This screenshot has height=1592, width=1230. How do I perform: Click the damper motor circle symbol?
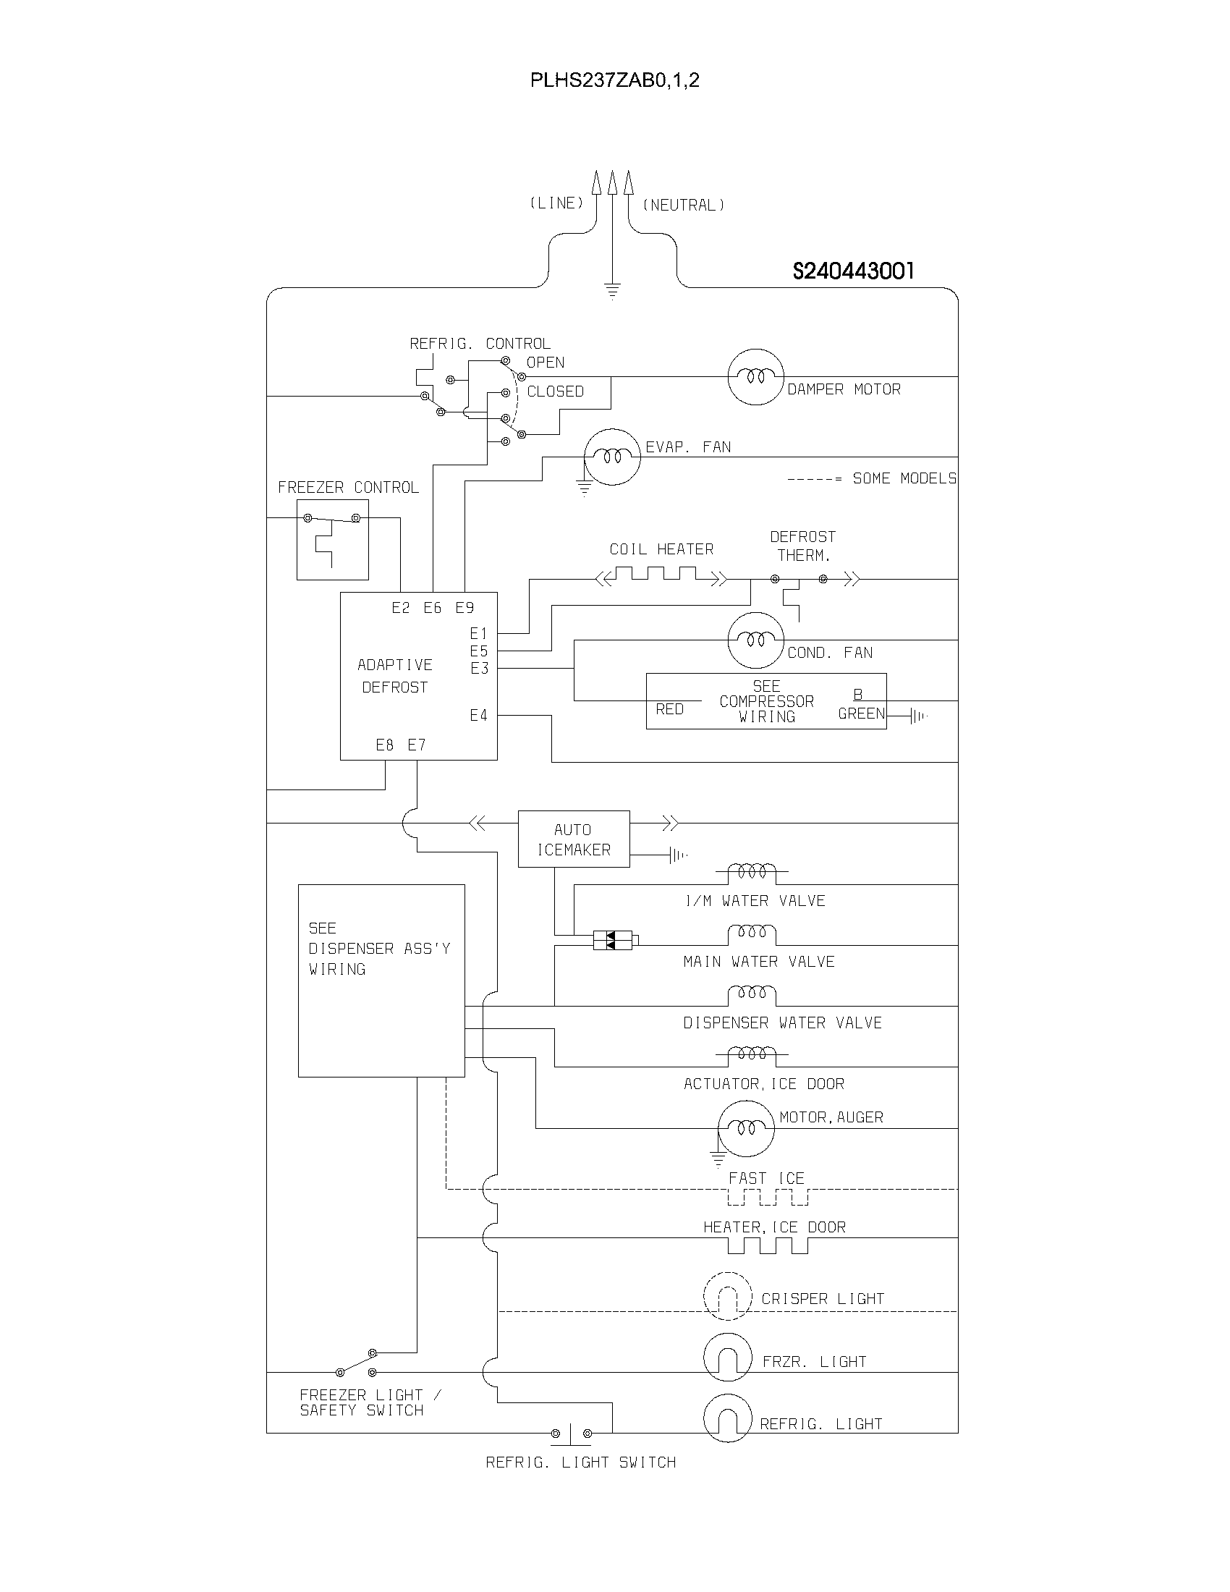755,377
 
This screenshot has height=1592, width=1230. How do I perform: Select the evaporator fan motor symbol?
613,457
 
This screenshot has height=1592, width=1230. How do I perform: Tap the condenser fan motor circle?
755,640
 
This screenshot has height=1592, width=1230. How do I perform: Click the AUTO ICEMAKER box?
574,839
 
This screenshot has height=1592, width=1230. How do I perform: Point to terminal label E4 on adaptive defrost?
478,716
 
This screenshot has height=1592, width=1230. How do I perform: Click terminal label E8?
384,745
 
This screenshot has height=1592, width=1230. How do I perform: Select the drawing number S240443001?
852,271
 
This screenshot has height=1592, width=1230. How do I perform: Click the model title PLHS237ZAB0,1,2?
614,80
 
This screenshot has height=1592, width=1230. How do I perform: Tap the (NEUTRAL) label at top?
683,206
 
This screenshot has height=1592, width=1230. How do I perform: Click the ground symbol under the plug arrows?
612,292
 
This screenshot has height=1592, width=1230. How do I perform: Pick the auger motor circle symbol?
745,1128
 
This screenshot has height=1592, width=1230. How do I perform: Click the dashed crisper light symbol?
727,1296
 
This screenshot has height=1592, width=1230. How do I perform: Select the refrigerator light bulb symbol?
727,1418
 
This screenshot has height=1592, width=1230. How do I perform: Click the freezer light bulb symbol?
727,1358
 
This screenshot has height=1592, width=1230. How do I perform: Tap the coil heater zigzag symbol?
661,577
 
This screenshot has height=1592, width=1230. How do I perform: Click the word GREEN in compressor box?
860,714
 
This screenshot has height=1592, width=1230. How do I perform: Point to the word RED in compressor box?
669,709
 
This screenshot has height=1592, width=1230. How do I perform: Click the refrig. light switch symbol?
571,1434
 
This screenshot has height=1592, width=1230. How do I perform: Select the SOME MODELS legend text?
904,478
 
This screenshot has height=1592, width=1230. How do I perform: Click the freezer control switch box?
332,539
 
